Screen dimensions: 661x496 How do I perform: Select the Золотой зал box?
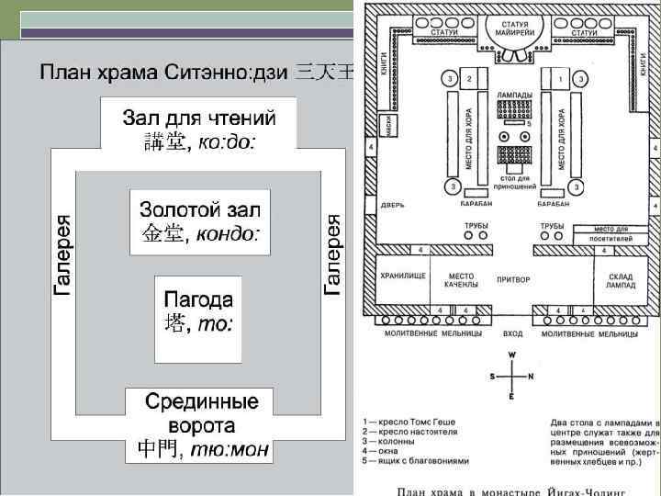pos(199,220)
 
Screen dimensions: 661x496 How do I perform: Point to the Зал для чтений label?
pos(199,130)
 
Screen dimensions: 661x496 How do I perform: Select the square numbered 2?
pos(469,80)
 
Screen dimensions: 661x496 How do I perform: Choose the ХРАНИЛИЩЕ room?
pos(403,277)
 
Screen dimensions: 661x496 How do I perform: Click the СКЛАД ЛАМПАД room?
pos(622,280)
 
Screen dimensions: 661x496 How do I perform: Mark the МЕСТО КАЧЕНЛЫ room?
pos(460,280)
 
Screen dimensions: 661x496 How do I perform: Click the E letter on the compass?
pos(513,396)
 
